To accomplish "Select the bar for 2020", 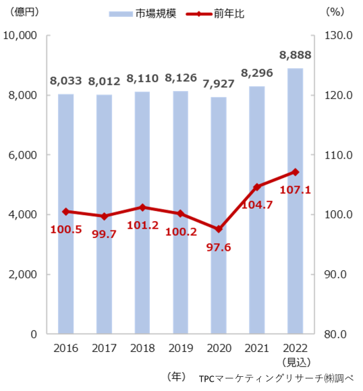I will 219,216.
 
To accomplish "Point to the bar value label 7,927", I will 219,86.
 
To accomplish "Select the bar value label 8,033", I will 65,81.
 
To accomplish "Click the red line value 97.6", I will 219,249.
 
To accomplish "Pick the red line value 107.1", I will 295,190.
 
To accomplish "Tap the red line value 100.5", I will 66,230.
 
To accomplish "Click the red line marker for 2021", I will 257,187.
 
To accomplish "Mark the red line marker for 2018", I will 142,207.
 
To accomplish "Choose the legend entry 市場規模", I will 144,13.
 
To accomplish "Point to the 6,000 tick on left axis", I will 23,155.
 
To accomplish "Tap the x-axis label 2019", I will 180,349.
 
